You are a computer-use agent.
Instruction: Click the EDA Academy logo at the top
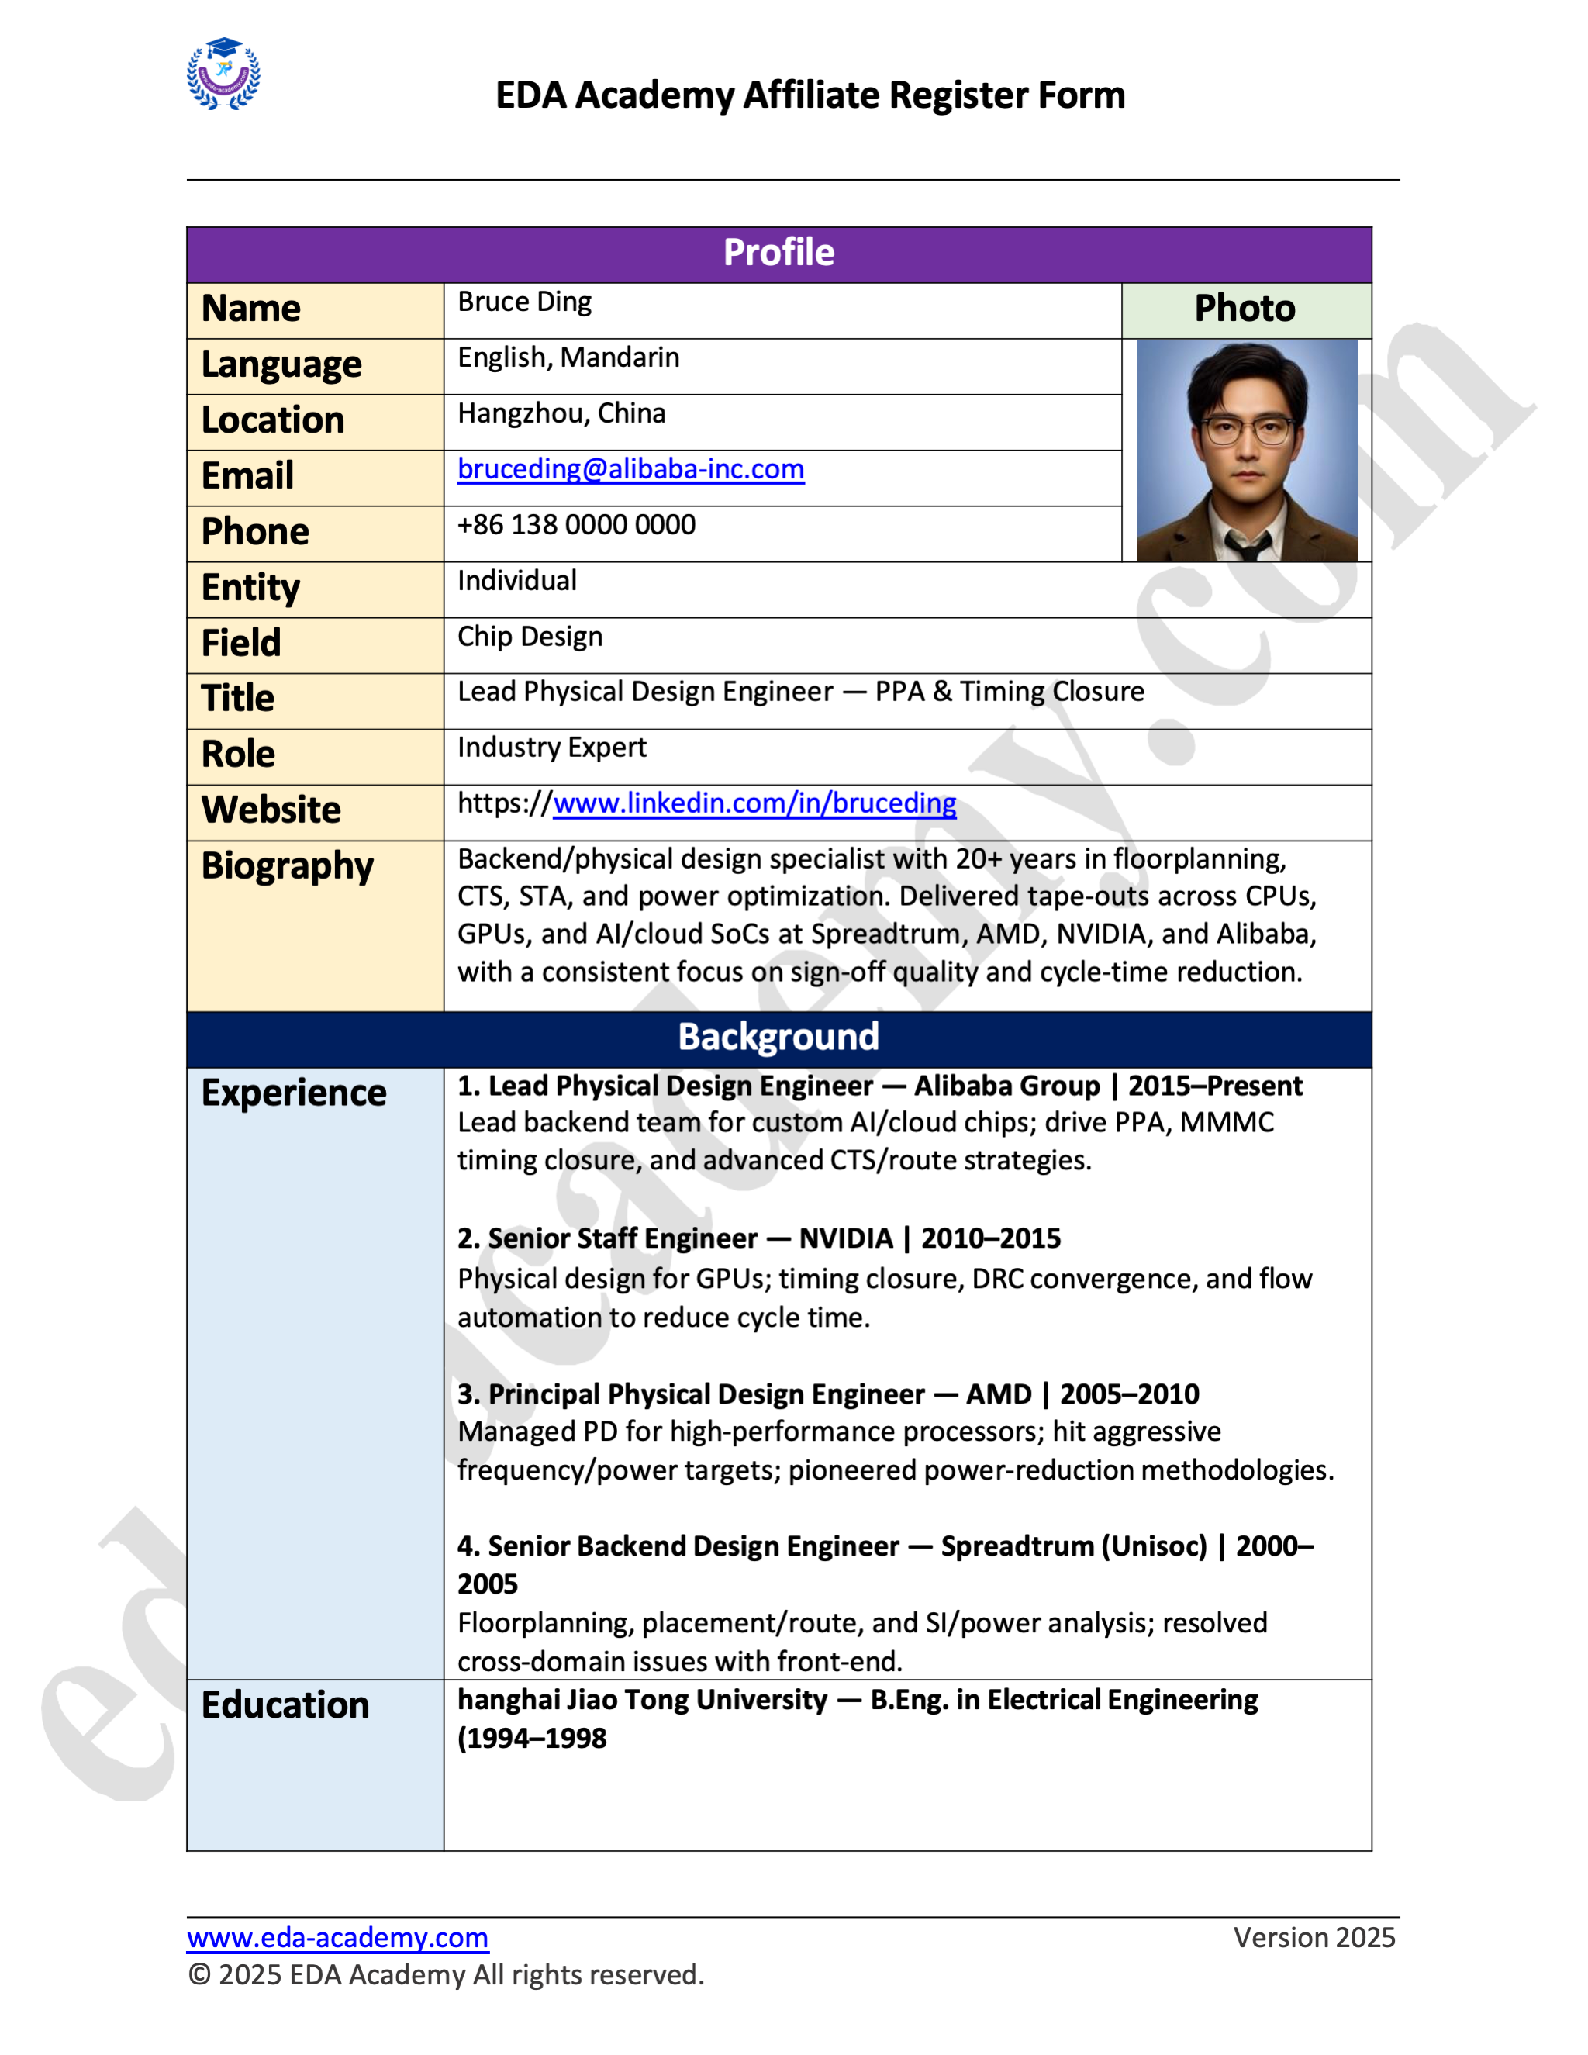[x=223, y=74]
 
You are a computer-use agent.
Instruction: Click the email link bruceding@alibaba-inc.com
[x=630, y=468]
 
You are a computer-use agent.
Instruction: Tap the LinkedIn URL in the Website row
[x=754, y=803]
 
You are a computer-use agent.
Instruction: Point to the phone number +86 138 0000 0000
[x=576, y=525]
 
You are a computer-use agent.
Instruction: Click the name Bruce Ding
[x=524, y=302]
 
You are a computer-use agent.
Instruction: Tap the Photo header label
[x=1245, y=309]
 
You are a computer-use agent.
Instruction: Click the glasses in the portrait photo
[x=1248, y=432]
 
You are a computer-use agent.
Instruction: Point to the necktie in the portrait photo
[x=1248, y=546]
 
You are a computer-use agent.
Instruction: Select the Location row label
[x=273, y=420]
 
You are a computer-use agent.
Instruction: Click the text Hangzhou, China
[x=561, y=413]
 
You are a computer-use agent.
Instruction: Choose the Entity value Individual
[x=516, y=581]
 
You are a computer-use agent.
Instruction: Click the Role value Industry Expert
[x=551, y=747]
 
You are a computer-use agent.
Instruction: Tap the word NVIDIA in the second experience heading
[x=845, y=1238]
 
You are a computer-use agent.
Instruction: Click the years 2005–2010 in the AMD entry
[x=1129, y=1394]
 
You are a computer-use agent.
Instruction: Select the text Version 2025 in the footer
[x=1314, y=1937]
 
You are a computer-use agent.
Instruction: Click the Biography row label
[x=287, y=865]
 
